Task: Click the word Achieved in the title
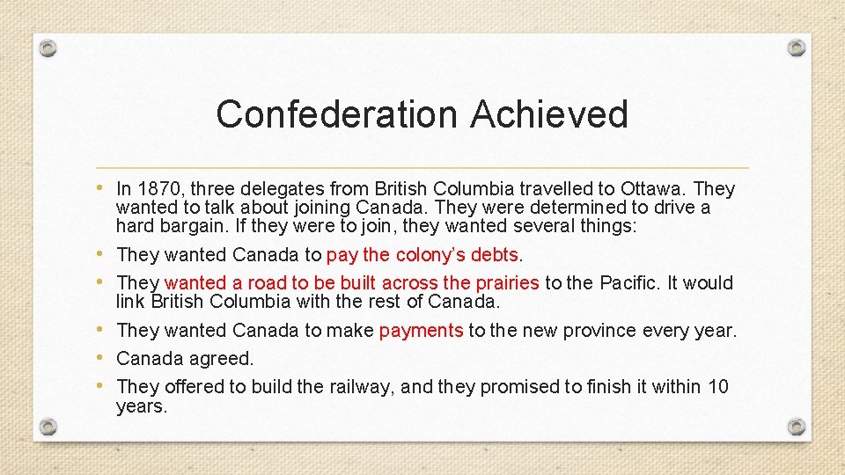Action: (549, 114)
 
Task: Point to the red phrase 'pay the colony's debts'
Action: (423, 255)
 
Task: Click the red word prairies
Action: (506, 282)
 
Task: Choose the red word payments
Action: (421, 331)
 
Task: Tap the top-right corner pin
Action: (796, 47)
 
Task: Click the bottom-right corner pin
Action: (796, 427)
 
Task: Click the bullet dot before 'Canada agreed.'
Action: (104, 357)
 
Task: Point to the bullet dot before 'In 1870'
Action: (104, 188)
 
